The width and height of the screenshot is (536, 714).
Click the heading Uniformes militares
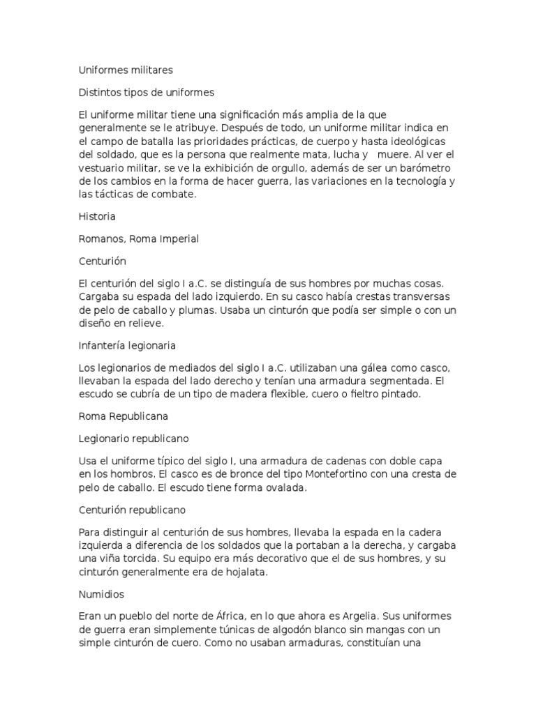pyautogui.click(x=126, y=70)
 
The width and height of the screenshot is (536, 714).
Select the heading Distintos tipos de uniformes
pyautogui.click(x=147, y=92)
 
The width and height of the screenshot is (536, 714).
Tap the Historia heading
pyautogui.click(x=97, y=217)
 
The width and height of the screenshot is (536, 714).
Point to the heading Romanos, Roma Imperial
pyautogui.click(x=139, y=238)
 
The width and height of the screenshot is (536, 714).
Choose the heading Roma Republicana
pyautogui.click(x=123, y=417)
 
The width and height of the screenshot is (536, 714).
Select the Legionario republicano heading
pyautogui.click(x=134, y=439)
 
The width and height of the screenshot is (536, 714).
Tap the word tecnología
pyautogui.click(x=413, y=182)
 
